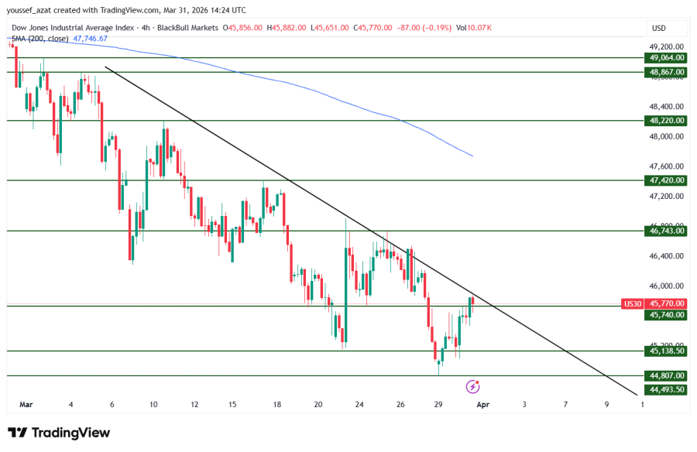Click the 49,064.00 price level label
tap(667, 57)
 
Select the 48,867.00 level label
tap(667, 72)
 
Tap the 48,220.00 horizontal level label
tap(667, 121)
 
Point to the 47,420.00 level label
tap(667, 180)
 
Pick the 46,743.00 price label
tap(667, 231)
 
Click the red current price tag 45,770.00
tap(667, 304)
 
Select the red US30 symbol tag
tap(633, 304)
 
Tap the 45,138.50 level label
tap(667, 351)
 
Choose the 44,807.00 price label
tap(667, 376)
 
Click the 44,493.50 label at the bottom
tap(667, 389)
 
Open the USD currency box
tap(659, 29)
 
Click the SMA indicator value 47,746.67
tap(90, 38)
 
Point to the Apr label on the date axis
tap(482, 404)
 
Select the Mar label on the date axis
tap(26, 404)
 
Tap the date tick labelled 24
tap(359, 404)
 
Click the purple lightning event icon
tap(473, 385)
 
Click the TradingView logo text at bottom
tap(60, 433)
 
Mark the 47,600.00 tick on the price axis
tap(667, 166)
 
